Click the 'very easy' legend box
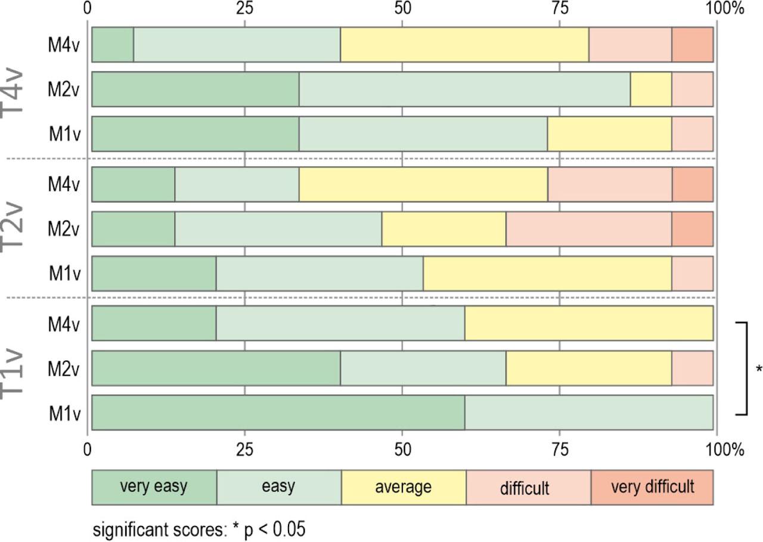(154, 487)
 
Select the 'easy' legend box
(278, 487)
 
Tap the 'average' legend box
(404, 487)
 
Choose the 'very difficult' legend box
(652, 487)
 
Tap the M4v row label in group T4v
(64, 45)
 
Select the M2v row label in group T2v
(64, 228)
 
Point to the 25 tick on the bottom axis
(245, 450)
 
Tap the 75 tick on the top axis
(559, 8)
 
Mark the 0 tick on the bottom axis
(88, 450)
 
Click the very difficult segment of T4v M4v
(692, 45)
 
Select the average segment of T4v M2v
(651, 89)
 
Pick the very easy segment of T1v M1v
(278, 413)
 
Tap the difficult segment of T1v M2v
(692, 368)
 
